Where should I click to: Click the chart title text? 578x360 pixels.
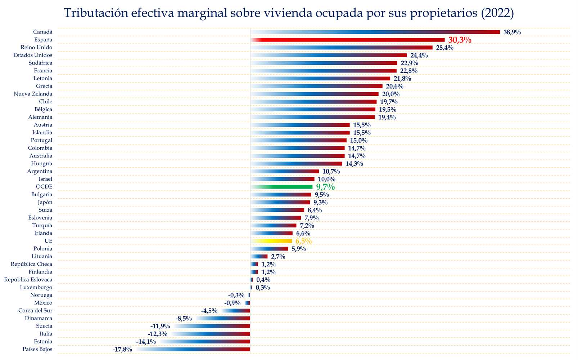click(289, 13)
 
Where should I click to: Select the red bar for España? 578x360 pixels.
click(348, 40)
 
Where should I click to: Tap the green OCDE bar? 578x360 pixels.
click(281, 187)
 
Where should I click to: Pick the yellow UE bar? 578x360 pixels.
click(271, 241)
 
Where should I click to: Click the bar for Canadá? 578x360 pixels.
click(375, 32)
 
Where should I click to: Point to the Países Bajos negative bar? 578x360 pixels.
click(193, 349)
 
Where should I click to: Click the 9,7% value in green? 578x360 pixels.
click(325, 187)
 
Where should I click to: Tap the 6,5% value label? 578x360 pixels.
click(303, 241)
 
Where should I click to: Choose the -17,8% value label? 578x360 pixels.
click(122, 350)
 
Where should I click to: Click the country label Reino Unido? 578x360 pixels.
click(36, 48)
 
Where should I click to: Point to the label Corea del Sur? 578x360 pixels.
click(35, 311)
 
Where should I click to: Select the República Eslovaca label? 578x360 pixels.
click(28, 280)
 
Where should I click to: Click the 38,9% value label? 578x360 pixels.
click(512, 32)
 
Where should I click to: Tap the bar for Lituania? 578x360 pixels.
click(259, 256)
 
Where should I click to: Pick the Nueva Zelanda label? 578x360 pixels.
click(33, 94)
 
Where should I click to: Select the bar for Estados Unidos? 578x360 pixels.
click(329, 55)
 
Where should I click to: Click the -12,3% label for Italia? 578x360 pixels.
click(158, 334)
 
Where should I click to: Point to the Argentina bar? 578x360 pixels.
click(285, 171)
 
